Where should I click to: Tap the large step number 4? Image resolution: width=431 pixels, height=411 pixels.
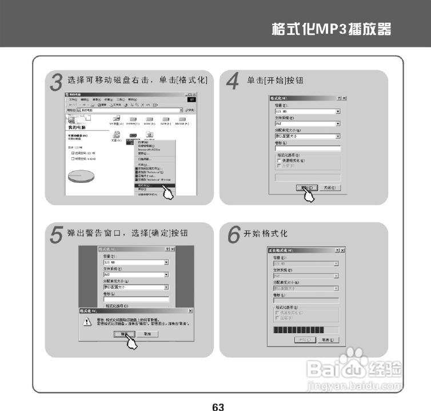click(x=232, y=82)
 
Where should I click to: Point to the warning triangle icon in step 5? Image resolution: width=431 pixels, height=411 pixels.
click(x=87, y=322)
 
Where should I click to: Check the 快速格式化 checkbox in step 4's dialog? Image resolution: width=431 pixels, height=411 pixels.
click(x=279, y=161)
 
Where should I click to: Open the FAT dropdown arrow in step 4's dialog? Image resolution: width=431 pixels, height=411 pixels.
click(x=338, y=123)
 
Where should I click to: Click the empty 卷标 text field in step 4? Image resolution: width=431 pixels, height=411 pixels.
click(x=308, y=148)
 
